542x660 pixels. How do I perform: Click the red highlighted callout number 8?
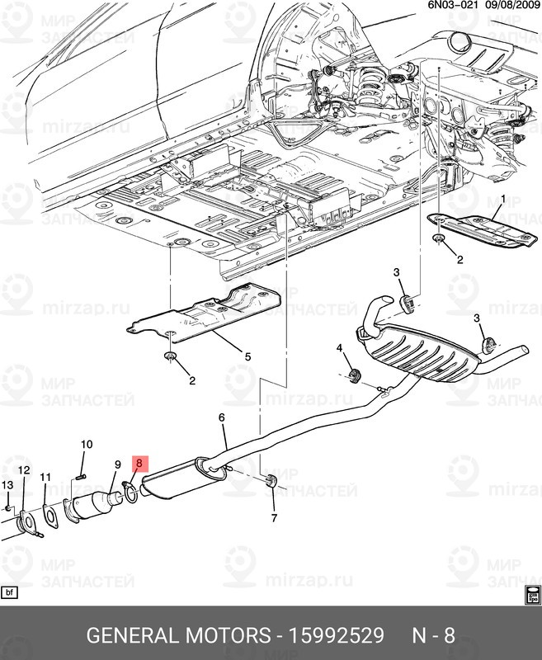[x=139, y=464]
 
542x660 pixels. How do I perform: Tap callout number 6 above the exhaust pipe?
[x=222, y=419]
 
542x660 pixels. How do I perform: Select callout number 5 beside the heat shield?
[x=247, y=356]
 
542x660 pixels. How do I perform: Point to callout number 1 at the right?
[x=504, y=200]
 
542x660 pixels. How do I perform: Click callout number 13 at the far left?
[x=7, y=484]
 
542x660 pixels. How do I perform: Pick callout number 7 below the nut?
[x=274, y=518]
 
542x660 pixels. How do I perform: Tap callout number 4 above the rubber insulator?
[x=338, y=350]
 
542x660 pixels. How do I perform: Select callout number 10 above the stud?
[x=86, y=445]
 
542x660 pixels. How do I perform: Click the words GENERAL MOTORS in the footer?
[x=179, y=636]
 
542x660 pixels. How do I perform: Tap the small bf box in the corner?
[x=10, y=592]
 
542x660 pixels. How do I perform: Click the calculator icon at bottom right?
[x=531, y=592]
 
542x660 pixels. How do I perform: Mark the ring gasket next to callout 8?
[x=130, y=493]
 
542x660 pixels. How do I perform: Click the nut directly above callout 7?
[x=271, y=481]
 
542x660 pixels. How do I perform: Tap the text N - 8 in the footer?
[x=434, y=636]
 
